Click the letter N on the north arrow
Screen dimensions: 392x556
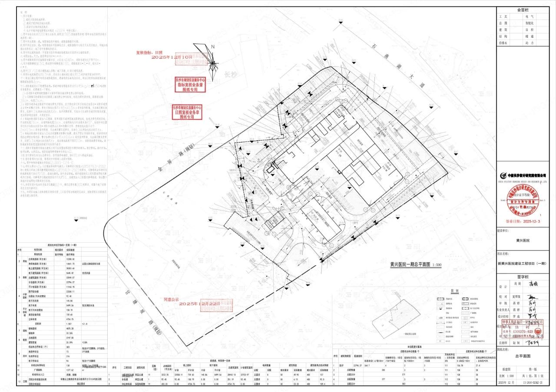click(212, 46)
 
